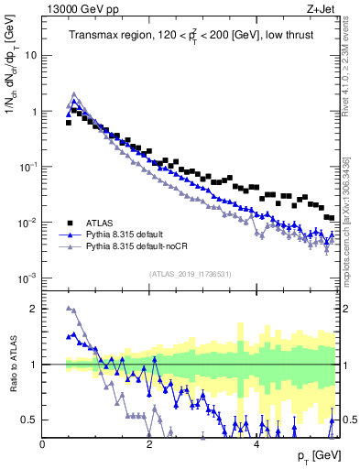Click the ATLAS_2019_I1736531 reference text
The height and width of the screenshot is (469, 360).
pos(190,274)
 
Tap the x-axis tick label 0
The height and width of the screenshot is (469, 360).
pos(43,443)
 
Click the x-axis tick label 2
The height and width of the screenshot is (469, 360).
pos(149,443)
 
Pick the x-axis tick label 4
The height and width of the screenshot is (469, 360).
pos(256,443)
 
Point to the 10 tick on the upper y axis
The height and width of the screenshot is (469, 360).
pos(30,55)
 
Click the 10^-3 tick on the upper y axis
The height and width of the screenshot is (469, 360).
pos(27,278)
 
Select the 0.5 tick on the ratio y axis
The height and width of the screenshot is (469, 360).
pos(29,420)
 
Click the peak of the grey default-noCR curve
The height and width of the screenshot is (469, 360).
pos(74,93)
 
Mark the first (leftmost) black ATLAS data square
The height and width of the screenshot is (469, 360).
pos(69,122)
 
